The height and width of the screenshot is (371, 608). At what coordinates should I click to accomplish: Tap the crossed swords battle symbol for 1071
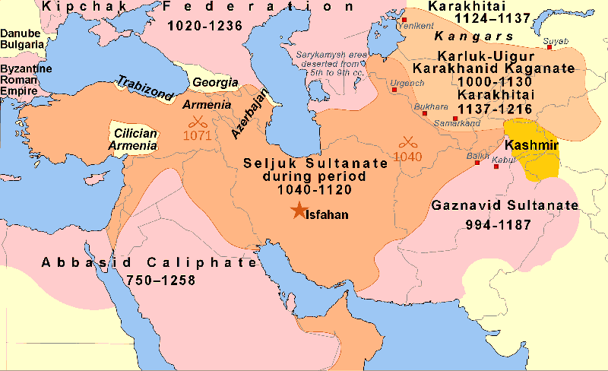tap(198, 121)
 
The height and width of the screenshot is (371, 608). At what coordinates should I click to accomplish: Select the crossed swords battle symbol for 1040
tap(409, 141)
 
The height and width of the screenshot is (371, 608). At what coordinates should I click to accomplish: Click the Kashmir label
tap(531, 144)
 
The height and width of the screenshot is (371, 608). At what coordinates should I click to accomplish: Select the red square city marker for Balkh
tap(477, 163)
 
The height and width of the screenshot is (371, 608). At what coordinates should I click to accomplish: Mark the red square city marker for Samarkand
tap(454, 119)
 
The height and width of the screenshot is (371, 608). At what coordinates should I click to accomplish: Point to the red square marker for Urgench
tap(394, 89)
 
